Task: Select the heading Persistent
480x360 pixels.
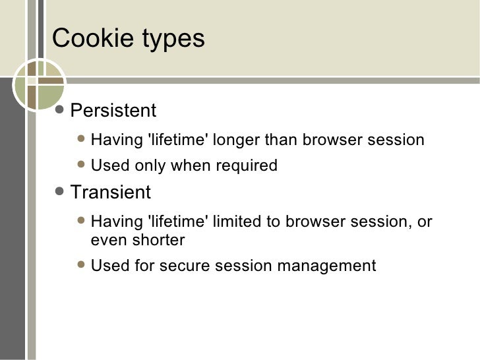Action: coord(113,110)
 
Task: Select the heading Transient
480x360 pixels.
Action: coord(110,193)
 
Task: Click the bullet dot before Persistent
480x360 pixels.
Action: coord(60,110)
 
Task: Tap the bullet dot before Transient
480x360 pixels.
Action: coord(60,192)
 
